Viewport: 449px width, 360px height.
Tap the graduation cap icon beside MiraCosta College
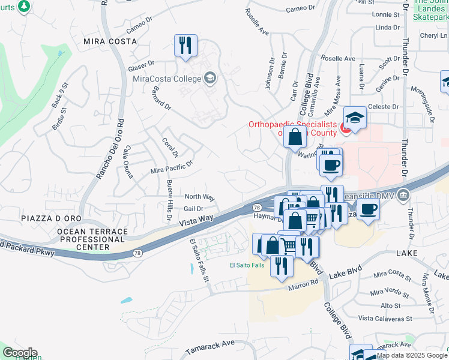pos(210,77)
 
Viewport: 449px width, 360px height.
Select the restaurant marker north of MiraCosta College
pos(185,46)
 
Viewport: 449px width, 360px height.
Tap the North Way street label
pos(199,197)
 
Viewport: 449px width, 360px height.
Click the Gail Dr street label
pos(193,209)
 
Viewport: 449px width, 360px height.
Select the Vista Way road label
pos(197,221)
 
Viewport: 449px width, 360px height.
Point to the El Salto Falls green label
pos(247,265)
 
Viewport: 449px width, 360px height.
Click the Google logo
pos(19,353)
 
